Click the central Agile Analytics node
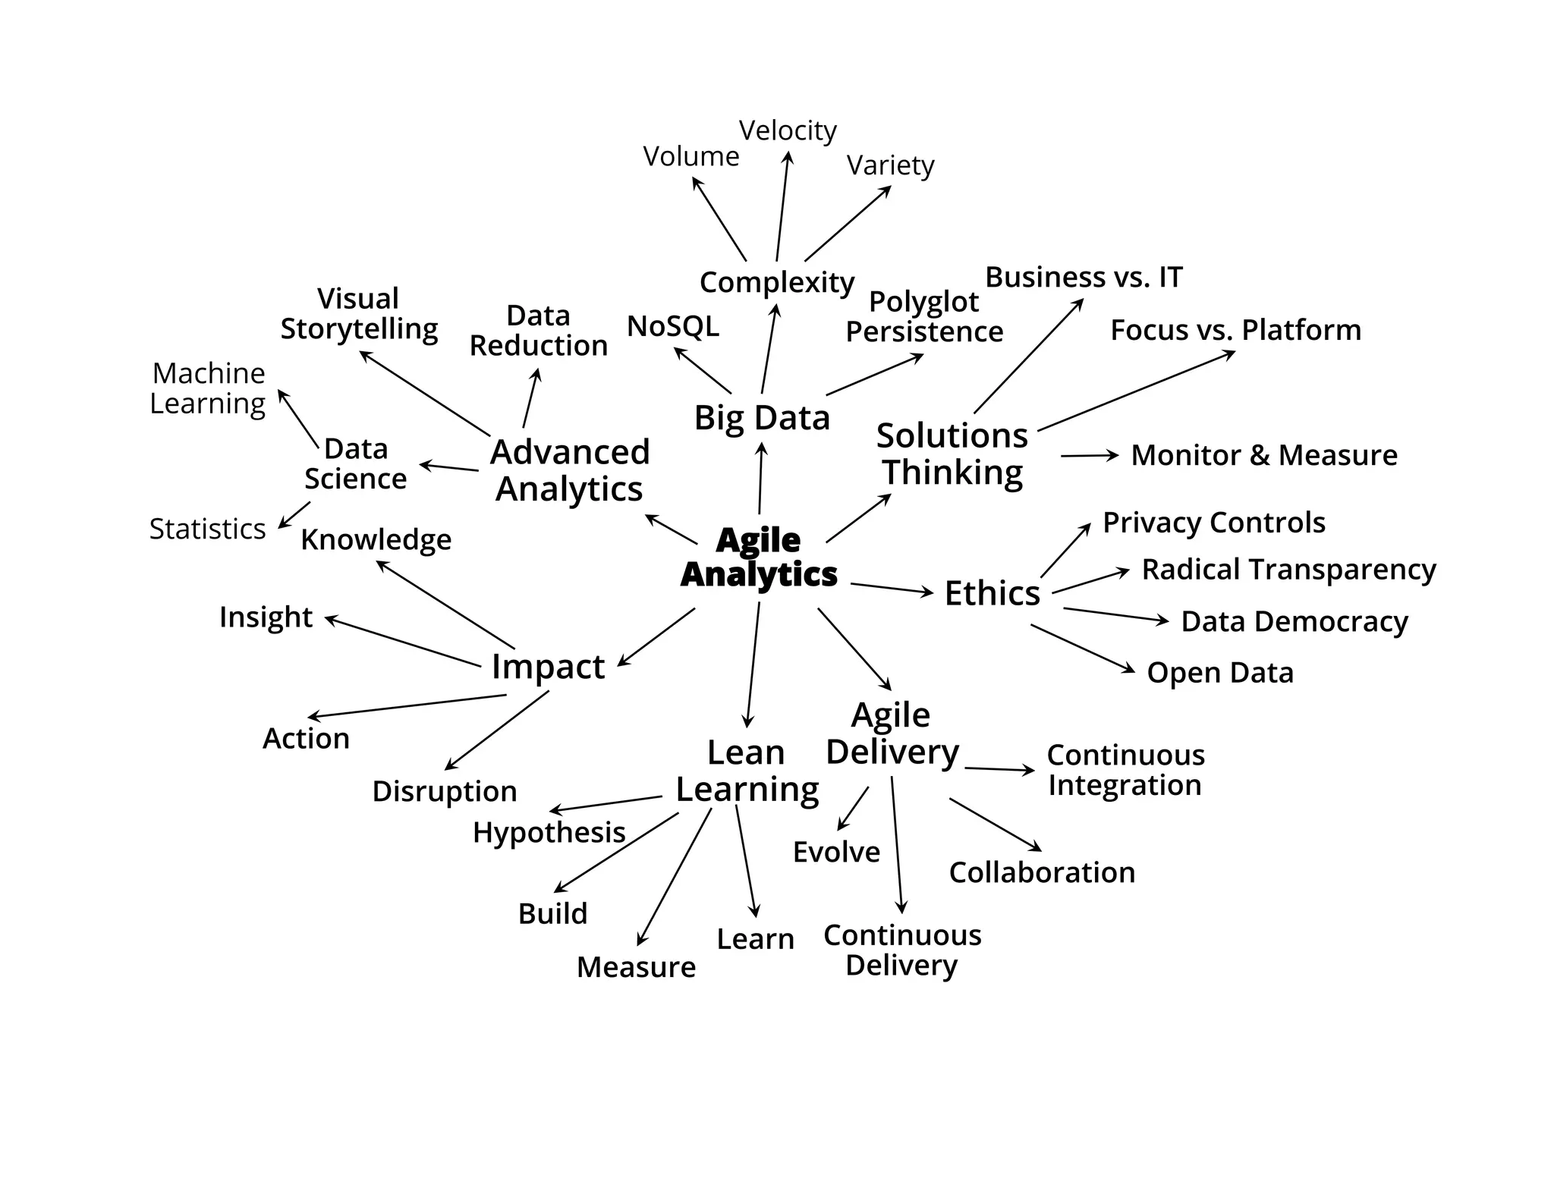tap(758, 558)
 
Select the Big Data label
tap(762, 418)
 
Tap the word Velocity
tap(788, 130)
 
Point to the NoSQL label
tap(673, 326)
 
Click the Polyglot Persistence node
tap(924, 317)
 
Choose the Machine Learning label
tap(208, 388)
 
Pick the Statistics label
tap(207, 529)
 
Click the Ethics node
tap(992, 593)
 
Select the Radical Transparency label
tap(1288, 569)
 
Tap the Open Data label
tap(1219, 673)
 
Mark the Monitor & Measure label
tap(1263, 455)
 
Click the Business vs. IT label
tap(1084, 278)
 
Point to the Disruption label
tap(445, 791)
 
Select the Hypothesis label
tap(549, 833)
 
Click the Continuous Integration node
tap(1125, 770)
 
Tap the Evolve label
tap(836, 853)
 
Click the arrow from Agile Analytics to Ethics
tap(892, 589)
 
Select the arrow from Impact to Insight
tap(403, 642)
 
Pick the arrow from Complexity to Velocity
tap(782, 206)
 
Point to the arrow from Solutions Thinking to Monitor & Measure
tap(1090, 456)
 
